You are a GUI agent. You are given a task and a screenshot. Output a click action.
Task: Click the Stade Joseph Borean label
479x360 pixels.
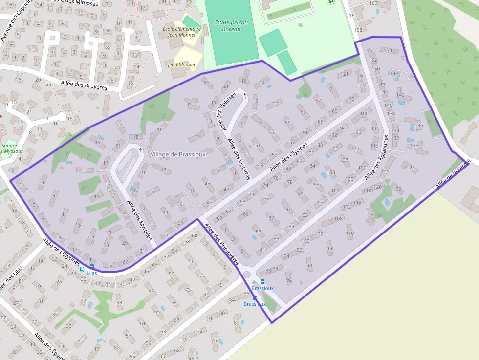(x=231, y=26)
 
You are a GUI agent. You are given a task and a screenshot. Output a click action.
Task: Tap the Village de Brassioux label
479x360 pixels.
(x=178, y=154)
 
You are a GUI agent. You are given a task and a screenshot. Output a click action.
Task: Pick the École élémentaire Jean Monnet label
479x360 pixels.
(x=182, y=31)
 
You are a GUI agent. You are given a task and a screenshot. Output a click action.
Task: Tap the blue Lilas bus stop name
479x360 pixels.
(x=91, y=273)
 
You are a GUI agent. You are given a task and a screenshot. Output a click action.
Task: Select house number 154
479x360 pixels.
(x=388, y=51)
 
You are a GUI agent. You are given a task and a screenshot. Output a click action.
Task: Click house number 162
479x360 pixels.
(x=373, y=3)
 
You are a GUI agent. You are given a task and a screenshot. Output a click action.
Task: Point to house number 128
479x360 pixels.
(x=411, y=168)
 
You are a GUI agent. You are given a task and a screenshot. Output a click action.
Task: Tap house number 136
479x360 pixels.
(x=419, y=126)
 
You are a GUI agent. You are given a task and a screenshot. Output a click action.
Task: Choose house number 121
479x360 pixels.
(x=345, y=74)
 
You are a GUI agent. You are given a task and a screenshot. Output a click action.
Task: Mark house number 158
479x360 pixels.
(x=358, y=30)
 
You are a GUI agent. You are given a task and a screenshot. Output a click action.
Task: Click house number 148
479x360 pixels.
(x=394, y=74)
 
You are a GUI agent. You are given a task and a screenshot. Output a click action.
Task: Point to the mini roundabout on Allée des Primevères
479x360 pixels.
(x=246, y=274)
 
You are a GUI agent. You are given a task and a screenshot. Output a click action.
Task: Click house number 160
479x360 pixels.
(x=353, y=16)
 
